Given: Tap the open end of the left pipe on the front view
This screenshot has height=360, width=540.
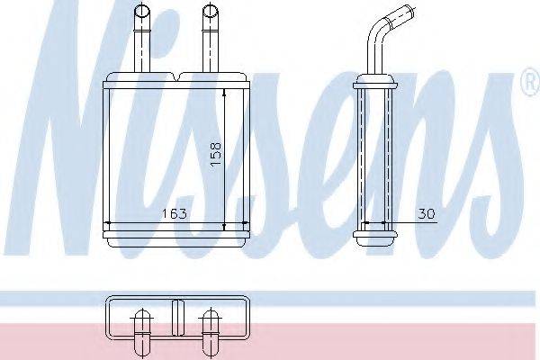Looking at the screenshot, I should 141,12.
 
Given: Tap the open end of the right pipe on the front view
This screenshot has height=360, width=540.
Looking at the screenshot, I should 210,12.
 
